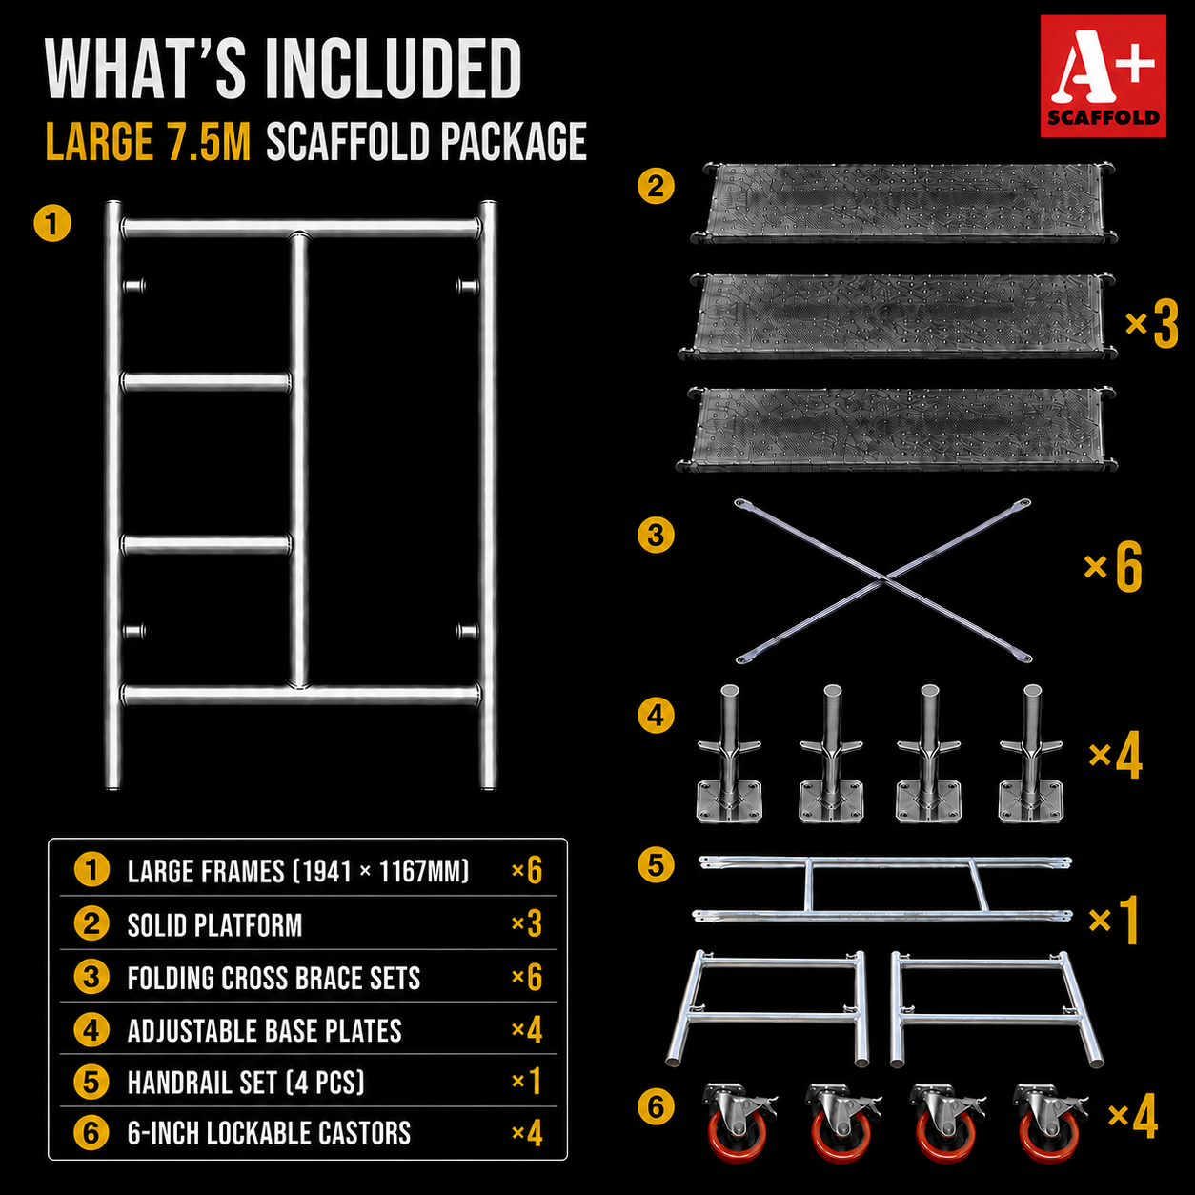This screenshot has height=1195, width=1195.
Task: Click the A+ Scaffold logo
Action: coord(1103,75)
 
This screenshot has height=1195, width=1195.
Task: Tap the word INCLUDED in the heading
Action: coord(394,68)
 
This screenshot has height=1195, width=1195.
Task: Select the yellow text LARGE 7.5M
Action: coord(149,141)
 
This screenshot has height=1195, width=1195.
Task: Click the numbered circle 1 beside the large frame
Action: coord(52,223)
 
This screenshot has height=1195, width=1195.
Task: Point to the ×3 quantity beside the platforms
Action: coord(1151,324)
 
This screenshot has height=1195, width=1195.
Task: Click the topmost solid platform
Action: coord(904,203)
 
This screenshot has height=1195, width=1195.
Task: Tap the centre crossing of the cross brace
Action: coord(883,580)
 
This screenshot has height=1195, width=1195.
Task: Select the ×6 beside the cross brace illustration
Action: coord(1112,567)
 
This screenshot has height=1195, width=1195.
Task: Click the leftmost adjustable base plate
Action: coord(729,754)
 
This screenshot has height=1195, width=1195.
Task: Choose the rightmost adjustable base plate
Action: coord(1031,754)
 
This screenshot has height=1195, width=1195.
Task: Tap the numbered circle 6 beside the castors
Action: coord(656,1107)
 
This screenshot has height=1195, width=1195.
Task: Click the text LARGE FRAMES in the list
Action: coord(206,871)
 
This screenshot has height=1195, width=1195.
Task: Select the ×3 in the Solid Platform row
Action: coord(527,924)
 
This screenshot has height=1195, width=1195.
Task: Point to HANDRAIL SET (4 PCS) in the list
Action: coord(246,1083)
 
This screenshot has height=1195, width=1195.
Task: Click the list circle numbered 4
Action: coord(91,1030)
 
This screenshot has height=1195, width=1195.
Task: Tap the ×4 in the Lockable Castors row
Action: coord(527,1133)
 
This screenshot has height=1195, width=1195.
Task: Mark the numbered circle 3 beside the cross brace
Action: coord(656,535)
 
